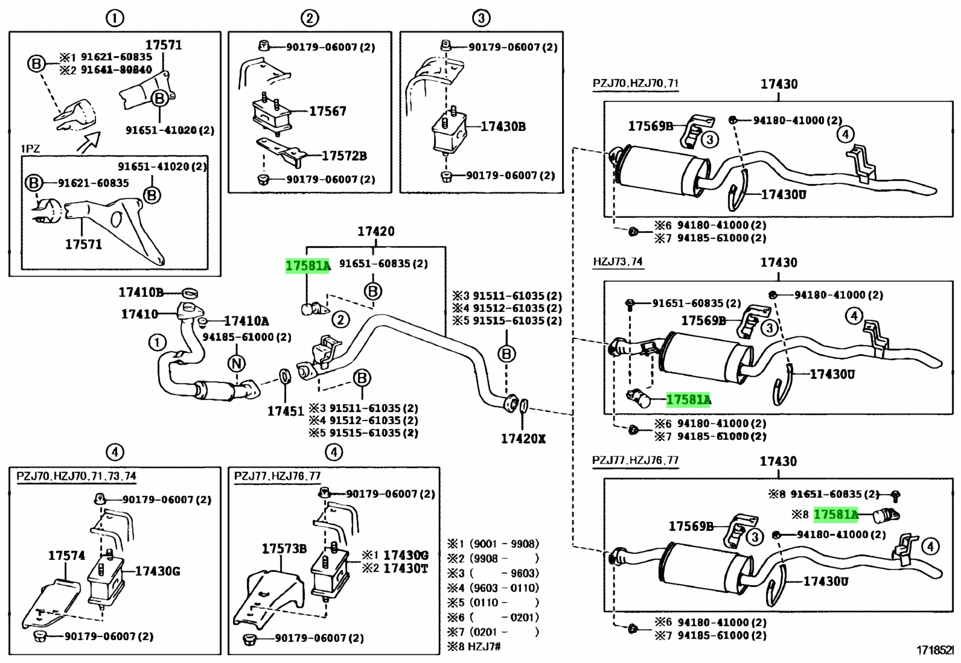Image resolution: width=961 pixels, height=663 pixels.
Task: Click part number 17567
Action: pyautogui.click(x=327, y=111)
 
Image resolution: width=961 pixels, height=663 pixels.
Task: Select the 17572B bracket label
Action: pyautogui.click(x=344, y=156)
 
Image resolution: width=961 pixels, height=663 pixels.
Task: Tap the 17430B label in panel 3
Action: pyautogui.click(x=503, y=127)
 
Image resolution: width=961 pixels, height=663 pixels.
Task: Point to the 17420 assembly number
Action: pyautogui.click(x=376, y=232)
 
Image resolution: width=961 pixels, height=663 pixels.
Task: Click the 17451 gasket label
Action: pyautogui.click(x=286, y=411)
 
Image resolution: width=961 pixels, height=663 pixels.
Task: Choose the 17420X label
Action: pyautogui.click(x=523, y=439)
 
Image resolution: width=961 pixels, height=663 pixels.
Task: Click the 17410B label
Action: pyautogui.click(x=141, y=293)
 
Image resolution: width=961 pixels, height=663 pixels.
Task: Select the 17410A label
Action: pyautogui.click(x=247, y=321)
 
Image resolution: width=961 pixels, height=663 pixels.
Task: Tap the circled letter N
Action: pyautogui.click(x=236, y=364)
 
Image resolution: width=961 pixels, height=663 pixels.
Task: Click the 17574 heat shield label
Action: pyautogui.click(x=66, y=556)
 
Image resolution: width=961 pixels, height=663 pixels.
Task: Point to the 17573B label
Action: pyautogui.click(x=284, y=548)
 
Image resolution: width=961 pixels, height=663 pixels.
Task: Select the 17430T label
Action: pyautogui.click(x=406, y=568)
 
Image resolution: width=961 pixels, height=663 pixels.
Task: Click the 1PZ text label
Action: pyautogui.click(x=30, y=149)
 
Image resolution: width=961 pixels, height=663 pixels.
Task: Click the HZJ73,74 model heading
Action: pyautogui.click(x=618, y=262)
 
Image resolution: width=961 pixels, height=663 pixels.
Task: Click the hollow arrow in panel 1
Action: pyautogui.click(x=88, y=142)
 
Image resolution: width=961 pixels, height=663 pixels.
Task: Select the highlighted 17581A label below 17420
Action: pyautogui.click(x=308, y=266)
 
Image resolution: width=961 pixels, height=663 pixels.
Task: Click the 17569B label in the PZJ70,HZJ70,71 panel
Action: pyautogui.click(x=651, y=126)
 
